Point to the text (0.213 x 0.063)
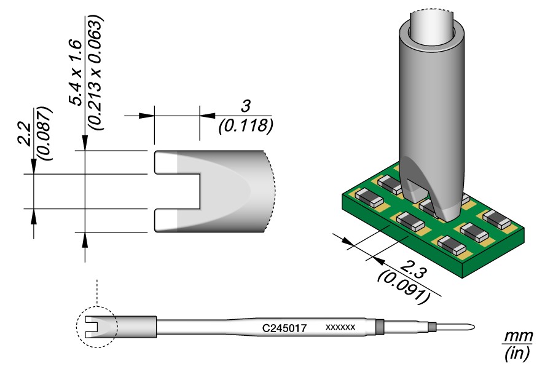[96, 72]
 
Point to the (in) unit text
[516, 354]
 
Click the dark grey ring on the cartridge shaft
[379, 327]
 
